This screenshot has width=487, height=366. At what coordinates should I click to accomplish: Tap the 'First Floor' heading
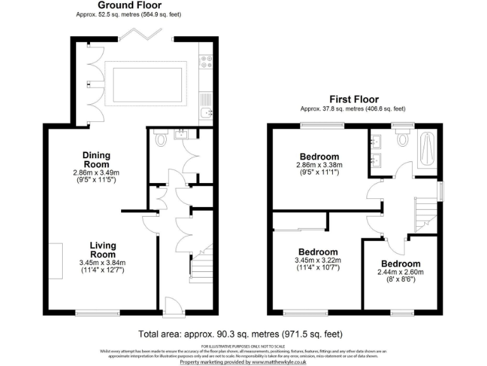pyautogui.click(x=354, y=99)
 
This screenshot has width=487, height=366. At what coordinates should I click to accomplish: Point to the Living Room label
pyautogui.click(x=102, y=250)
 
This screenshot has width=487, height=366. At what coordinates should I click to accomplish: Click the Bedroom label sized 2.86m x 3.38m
pyautogui.click(x=320, y=157)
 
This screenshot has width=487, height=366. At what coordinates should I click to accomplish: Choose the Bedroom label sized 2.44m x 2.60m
pyautogui.click(x=401, y=264)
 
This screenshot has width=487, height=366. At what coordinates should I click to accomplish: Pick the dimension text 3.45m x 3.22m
pyautogui.click(x=318, y=261)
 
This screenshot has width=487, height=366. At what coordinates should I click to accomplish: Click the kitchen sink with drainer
pyautogui.click(x=205, y=105)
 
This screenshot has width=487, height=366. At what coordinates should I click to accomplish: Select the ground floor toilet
pyautogui.click(x=160, y=139)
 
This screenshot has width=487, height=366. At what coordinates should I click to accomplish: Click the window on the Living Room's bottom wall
pyautogui.click(x=97, y=311)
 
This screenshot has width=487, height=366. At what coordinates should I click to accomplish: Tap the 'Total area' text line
pyautogui.click(x=243, y=334)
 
